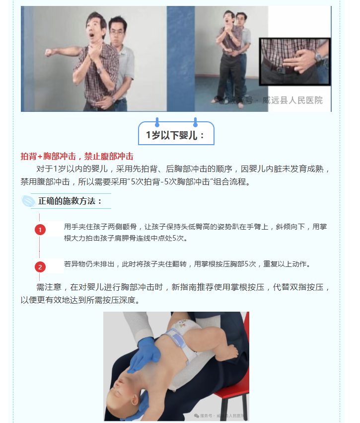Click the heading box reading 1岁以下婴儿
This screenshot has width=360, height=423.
point(176,133)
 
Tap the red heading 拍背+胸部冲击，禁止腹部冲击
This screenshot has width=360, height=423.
point(77,156)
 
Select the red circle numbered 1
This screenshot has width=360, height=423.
point(40,230)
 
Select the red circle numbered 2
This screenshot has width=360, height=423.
point(40,267)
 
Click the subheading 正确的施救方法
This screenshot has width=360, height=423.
point(70,201)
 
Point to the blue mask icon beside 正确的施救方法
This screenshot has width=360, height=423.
point(28,201)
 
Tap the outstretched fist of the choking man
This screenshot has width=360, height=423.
point(49,52)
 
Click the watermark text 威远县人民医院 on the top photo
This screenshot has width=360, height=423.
point(292,100)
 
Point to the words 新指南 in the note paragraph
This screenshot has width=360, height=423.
point(184,287)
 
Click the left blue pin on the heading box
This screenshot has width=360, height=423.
point(157,122)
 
